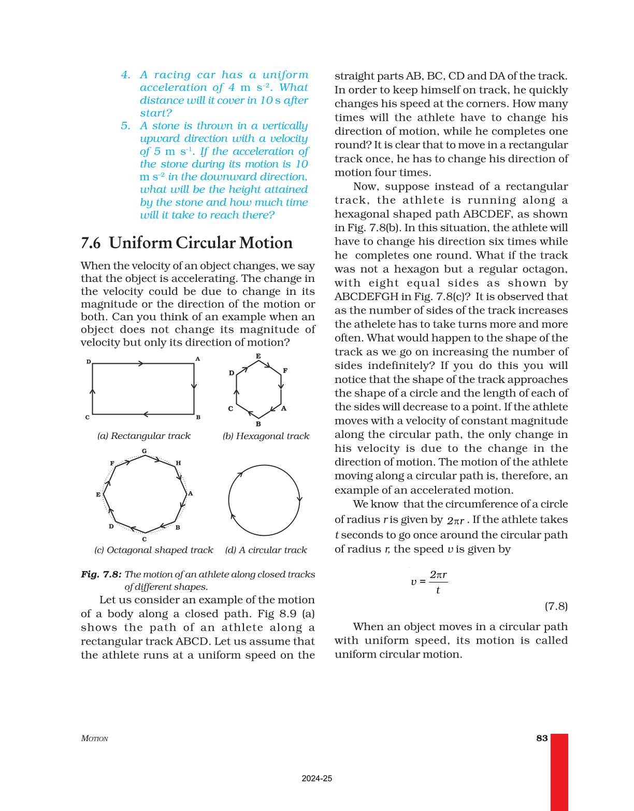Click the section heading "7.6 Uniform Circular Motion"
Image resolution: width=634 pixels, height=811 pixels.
tap(186, 243)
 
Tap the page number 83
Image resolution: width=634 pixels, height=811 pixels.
tap(542, 738)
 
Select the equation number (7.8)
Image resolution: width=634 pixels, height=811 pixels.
tap(556, 606)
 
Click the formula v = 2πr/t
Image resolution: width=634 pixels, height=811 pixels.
tap(429, 582)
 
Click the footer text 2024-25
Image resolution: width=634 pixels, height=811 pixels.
tap(316, 778)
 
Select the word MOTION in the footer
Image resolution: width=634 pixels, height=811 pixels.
tap(94, 738)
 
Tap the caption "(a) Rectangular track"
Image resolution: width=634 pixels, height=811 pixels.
tap(144, 436)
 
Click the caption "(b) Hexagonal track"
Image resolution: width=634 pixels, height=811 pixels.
tap(266, 436)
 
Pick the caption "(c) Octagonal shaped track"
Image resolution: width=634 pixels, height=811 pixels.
tap(154, 550)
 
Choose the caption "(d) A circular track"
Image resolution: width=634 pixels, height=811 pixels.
tap(266, 550)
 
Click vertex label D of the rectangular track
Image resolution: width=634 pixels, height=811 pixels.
tap(89, 362)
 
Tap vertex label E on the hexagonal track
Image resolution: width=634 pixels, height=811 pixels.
tap(258, 356)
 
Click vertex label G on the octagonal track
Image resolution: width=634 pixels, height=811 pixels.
tap(144, 451)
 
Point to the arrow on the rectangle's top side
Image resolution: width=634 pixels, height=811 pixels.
tap(140, 363)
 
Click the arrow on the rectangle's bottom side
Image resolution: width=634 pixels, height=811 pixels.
tap(146, 414)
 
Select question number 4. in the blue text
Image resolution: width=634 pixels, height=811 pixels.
tap(125, 75)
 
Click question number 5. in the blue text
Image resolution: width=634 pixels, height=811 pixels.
tap(125, 126)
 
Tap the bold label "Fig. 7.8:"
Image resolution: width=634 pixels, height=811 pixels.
tap(101, 574)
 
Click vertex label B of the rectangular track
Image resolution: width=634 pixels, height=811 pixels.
tap(198, 417)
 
